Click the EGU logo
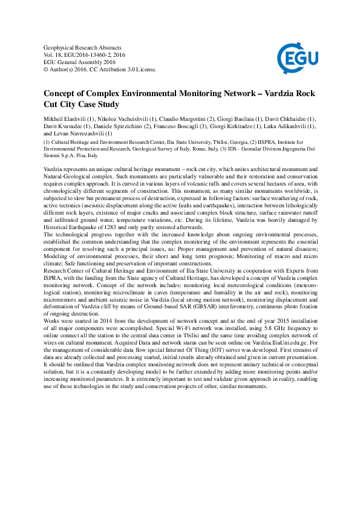(296, 59)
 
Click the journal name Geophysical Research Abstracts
(83, 47)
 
